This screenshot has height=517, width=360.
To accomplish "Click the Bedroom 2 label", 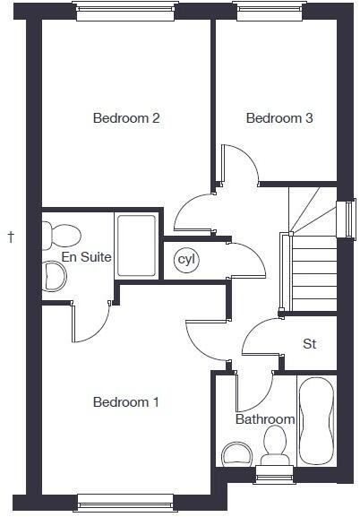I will click(x=126, y=118).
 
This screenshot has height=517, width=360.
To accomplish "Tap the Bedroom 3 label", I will click(x=279, y=118).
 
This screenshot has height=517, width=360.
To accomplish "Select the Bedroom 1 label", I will click(x=126, y=402).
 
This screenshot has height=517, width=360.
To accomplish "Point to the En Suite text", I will click(x=86, y=257).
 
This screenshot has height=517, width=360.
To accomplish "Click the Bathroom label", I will click(x=265, y=419).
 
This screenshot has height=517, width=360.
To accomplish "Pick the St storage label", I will click(x=310, y=343).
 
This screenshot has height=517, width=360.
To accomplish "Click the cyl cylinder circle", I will click(x=186, y=260).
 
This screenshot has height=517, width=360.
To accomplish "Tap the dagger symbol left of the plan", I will click(x=11, y=237).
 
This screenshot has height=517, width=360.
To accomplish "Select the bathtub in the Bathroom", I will click(x=316, y=419).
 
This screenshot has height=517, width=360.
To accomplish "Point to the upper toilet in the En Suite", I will click(x=64, y=235).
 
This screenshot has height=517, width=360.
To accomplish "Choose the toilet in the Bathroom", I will click(x=275, y=441).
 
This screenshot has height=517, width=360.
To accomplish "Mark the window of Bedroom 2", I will click(x=124, y=12).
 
